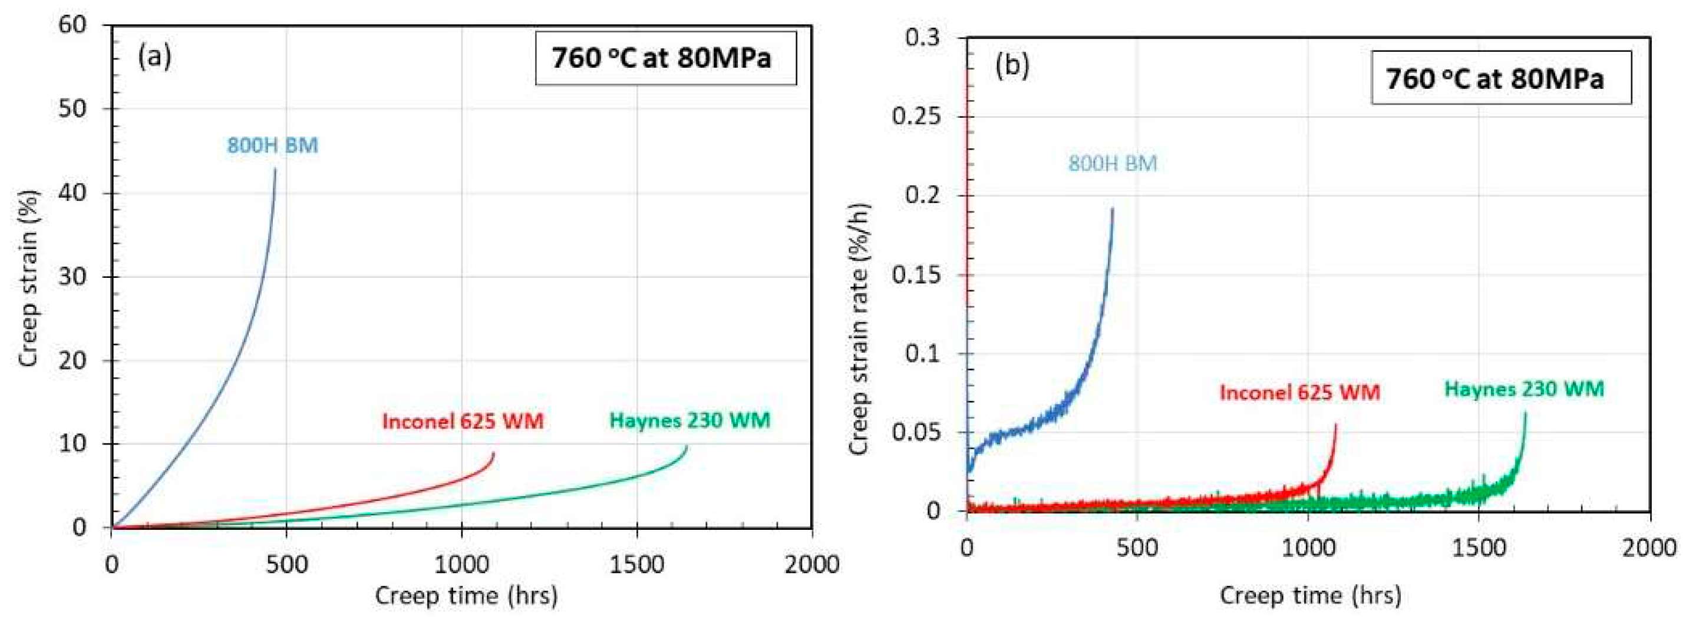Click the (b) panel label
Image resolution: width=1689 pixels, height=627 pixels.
tap(1012, 66)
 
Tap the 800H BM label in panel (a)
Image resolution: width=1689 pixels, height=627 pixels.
tap(273, 145)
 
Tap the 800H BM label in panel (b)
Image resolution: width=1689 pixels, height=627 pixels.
tap(1113, 163)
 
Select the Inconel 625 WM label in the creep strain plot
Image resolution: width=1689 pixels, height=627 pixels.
tap(463, 420)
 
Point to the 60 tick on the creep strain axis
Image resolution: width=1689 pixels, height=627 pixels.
tap(72, 25)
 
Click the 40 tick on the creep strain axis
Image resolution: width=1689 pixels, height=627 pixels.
tap(72, 193)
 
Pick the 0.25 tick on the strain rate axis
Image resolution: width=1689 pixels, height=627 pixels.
tap(915, 116)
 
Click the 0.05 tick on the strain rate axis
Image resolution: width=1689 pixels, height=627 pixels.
tap(915, 432)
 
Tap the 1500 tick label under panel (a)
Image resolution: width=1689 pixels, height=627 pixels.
tap(636, 564)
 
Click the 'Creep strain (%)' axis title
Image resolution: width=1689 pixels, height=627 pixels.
tap(28, 278)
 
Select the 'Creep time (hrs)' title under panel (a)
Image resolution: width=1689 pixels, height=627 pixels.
tap(466, 596)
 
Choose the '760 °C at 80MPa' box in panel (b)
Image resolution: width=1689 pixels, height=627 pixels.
tap(1501, 79)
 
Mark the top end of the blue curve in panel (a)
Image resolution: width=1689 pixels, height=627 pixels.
tap(275, 169)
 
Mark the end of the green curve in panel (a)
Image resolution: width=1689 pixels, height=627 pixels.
tap(687, 446)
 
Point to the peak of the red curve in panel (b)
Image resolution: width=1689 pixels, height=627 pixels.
tap(1335, 425)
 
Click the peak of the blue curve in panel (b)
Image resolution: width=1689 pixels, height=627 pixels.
tap(1113, 209)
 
